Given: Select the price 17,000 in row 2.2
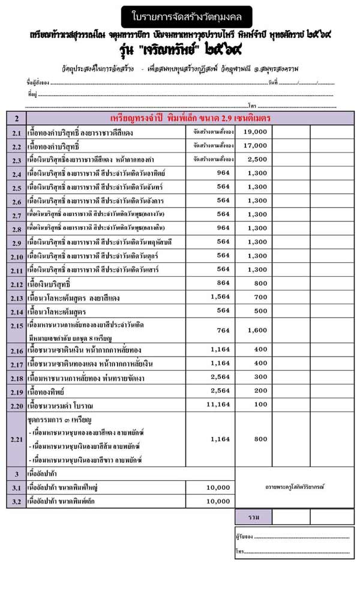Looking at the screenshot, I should (255, 145).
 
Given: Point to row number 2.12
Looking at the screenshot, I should (16, 284).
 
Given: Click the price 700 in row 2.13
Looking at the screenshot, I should (260, 297).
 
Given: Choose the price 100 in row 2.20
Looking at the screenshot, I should (260, 405).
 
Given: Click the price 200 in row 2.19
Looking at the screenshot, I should (260, 391).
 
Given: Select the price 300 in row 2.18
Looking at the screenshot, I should (260, 377).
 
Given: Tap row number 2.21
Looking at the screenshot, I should (16, 440).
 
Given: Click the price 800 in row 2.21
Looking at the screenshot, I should (260, 439).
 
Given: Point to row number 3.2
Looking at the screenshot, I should (16, 501).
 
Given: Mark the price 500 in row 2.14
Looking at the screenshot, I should (260, 311).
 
